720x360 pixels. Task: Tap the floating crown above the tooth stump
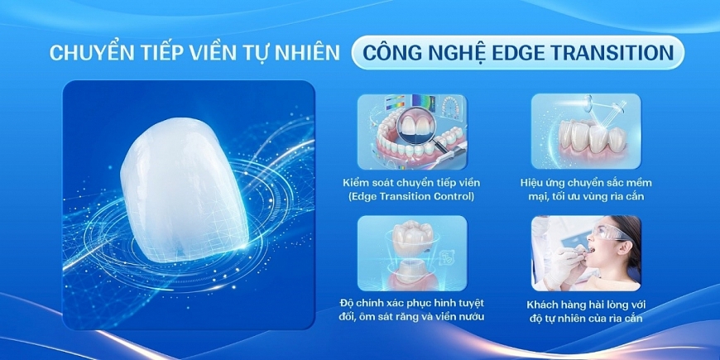tap(411, 235)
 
